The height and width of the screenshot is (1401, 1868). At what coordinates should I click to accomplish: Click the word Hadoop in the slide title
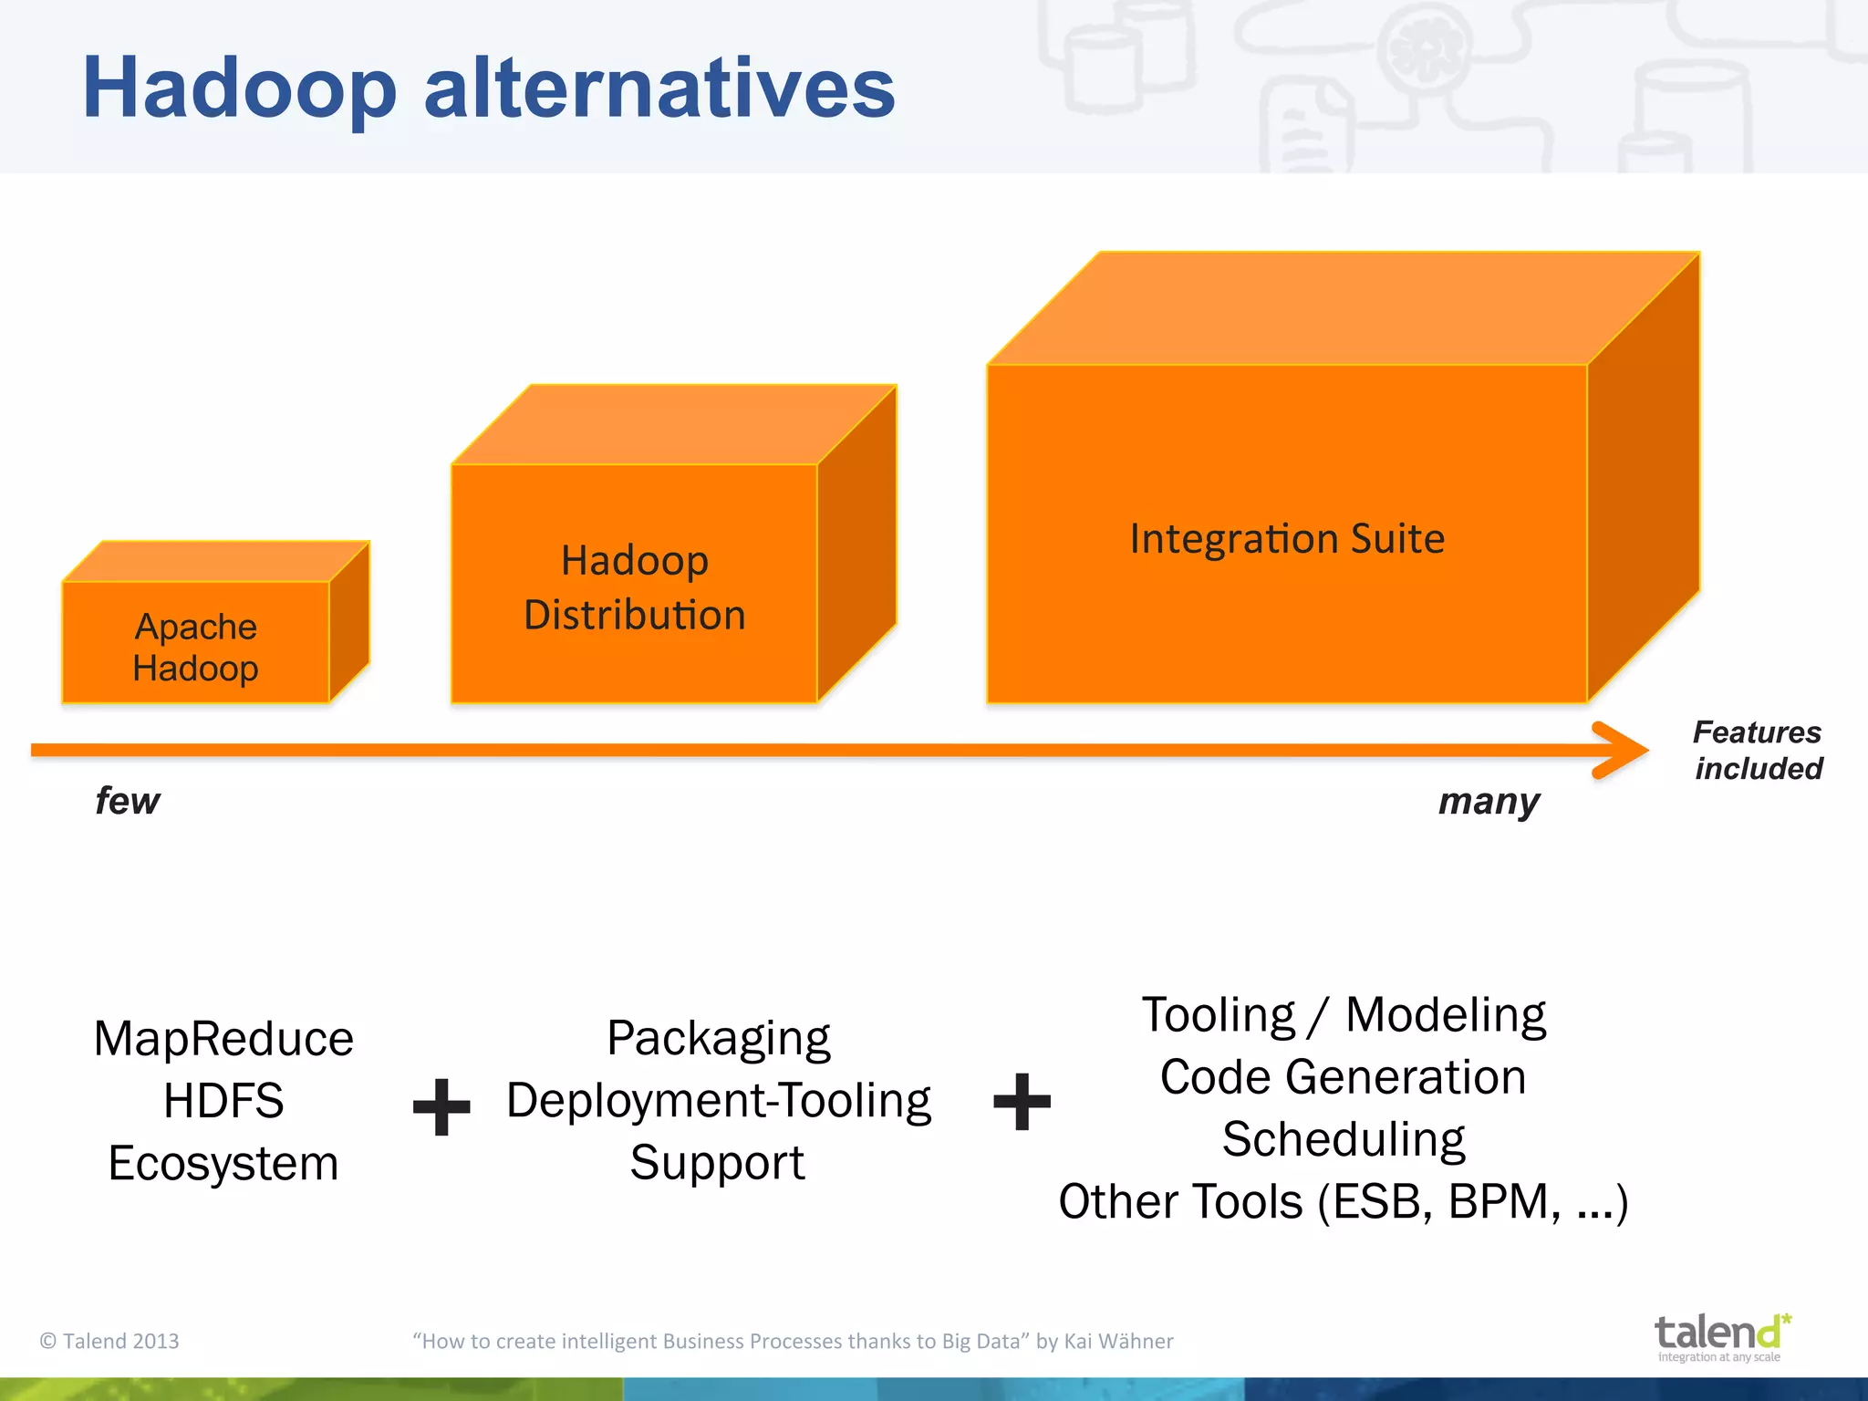tap(239, 88)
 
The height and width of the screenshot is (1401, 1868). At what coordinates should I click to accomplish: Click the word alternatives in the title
tap(659, 88)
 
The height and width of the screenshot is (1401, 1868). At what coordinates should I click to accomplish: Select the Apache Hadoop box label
tap(195, 648)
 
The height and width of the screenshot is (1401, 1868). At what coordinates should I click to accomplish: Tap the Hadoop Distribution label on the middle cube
tap(635, 587)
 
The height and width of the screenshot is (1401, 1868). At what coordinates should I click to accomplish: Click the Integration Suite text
tap(1287, 538)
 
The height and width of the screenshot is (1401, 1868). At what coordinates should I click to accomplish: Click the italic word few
tap(128, 801)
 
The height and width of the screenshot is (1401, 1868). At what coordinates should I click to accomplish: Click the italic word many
tap(1489, 802)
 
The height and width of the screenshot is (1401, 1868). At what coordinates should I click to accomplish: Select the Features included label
tap(1758, 750)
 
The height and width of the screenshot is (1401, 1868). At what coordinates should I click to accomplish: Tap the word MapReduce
tap(223, 1039)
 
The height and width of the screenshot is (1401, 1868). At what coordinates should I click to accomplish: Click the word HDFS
tap(223, 1101)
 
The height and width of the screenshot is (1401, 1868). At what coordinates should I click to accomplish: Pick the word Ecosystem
tap(223, 1164)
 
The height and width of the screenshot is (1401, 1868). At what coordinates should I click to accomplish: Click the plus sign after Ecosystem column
tap(441, 1106)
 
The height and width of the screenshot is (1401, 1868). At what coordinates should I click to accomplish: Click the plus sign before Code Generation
tap(1022, 1101)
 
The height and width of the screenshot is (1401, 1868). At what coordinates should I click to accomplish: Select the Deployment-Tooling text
tap(719, 1101)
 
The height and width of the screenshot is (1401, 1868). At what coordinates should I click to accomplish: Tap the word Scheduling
tap(1343, 1139)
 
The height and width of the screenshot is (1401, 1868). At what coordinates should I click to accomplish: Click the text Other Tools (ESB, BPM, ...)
tap(1343, 1202)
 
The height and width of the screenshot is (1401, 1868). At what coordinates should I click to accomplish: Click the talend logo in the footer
tap(1720, 1336)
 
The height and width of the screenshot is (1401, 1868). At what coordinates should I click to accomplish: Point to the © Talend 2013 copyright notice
tap(109, 1341)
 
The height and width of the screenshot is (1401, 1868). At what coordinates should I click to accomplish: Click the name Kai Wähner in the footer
tap(1118, 1341)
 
